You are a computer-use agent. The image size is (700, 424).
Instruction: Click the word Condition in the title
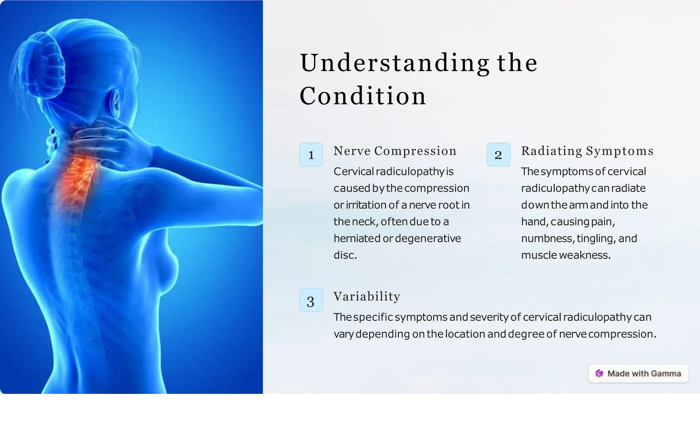pos(363,96)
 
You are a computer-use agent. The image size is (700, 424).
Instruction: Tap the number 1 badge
pos(311,155)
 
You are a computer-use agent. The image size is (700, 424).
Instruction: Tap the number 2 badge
pos(498,155)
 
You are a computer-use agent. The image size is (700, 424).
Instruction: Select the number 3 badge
pos(311,300)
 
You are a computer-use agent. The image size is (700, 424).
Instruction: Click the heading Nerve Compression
pos(395,151)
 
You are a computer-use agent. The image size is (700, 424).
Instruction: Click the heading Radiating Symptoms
pos(587,151)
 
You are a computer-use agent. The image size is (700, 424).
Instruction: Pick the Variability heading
pos(367,296)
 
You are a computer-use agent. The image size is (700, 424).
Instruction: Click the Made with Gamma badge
pos(638,373)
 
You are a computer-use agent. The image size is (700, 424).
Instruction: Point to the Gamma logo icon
pos(599,373)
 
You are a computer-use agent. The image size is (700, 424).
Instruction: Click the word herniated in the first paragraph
pos(357,238)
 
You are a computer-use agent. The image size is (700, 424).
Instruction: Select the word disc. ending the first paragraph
pos(345,255)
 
